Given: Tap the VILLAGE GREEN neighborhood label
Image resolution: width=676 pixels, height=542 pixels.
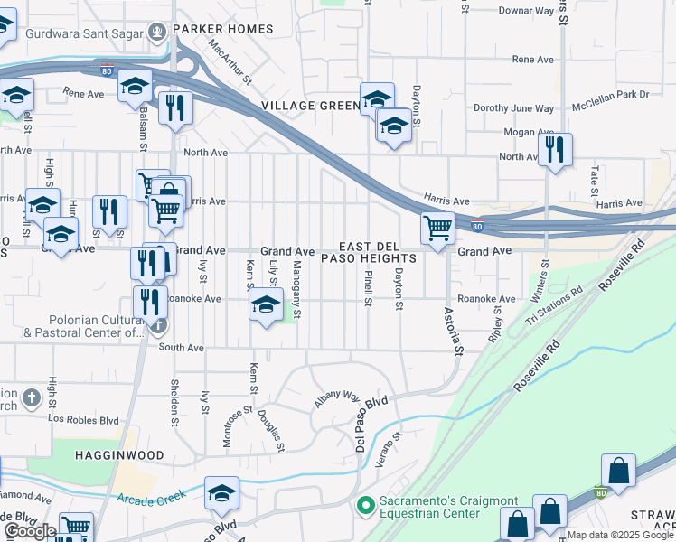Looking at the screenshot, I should pyautogui.click(x=311, y=106).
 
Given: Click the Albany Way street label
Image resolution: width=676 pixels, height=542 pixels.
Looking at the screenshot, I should pyautogui.click(x=337, y=398).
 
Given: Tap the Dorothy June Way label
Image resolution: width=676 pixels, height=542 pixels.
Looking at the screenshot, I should pyautogui.click(x=513, y=108).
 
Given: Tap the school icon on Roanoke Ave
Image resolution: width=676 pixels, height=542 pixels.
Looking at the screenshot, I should pyautogui.click(x=266, y=304).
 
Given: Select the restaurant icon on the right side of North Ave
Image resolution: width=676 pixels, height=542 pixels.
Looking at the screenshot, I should pyautogui.click(x=555, y=149).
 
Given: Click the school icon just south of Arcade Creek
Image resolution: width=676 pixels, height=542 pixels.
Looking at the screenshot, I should pyautogui.click(x=221, y=493).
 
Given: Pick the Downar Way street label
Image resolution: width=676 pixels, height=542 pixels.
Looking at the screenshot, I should pyautogui.click(x=527, y=11).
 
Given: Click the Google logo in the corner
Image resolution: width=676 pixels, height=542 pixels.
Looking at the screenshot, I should pyautogui.click(x=30, y=531).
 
